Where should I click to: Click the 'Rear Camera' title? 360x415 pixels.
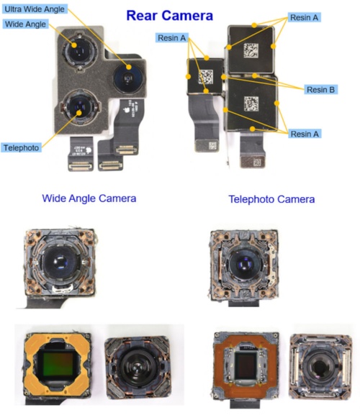point(169,16)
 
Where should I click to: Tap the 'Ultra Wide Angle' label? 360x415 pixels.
point(35,9)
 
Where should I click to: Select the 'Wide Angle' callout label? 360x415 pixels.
point(25,24)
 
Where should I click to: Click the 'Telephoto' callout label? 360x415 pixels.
point(21,147)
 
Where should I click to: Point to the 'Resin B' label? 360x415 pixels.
point(320,90)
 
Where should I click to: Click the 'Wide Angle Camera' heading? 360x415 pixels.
point(89,199)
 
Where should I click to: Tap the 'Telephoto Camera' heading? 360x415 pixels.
point(271,199)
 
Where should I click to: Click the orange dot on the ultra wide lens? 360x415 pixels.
point(129,67)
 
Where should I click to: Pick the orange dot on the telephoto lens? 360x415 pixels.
point(79,113)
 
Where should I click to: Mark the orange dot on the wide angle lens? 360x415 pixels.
point(74,45)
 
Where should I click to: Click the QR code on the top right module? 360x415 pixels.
point(251,50)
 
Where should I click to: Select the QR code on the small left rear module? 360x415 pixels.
point(206,77)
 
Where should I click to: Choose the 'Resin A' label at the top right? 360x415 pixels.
point(304,17)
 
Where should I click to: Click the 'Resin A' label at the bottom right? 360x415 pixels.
point(305,134)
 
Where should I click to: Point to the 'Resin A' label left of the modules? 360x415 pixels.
point(171,38)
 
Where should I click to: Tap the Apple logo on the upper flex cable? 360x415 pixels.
point(127,109)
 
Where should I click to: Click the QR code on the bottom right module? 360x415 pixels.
point(251,104)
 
